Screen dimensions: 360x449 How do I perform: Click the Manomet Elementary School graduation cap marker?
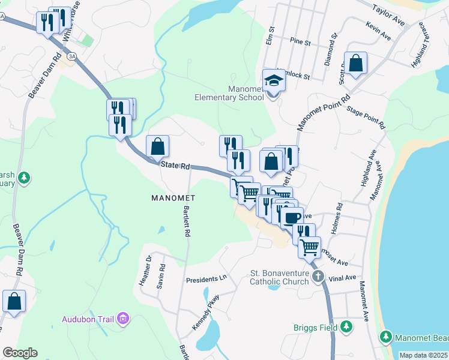(274, 80)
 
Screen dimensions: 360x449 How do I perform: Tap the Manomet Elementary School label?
(229, 94)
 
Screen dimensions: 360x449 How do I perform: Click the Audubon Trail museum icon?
(123, 318)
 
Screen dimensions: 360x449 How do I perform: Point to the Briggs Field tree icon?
(346, 327)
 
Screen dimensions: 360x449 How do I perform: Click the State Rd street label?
(174, 166)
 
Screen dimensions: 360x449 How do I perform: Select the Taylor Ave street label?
(389, 15)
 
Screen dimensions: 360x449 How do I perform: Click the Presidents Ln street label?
(207, 280)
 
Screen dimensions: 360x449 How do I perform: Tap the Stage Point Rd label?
(365, 117)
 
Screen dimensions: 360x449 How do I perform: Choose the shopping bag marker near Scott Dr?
(355, 63)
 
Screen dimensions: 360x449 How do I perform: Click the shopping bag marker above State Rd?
(157, 146)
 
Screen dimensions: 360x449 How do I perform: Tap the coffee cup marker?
(292, 218)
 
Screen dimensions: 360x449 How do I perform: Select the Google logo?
(19, 353)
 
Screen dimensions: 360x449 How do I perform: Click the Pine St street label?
(300, 43)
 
